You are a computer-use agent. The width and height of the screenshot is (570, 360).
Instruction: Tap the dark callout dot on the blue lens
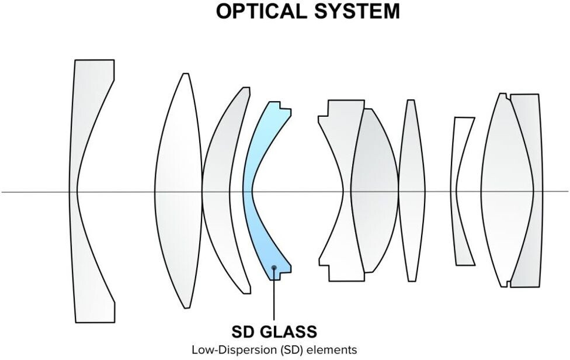pos(274,268)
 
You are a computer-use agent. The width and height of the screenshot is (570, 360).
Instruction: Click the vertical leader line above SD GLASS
pos(274,298)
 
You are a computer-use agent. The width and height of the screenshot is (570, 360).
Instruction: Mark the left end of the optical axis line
pos(3,191)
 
